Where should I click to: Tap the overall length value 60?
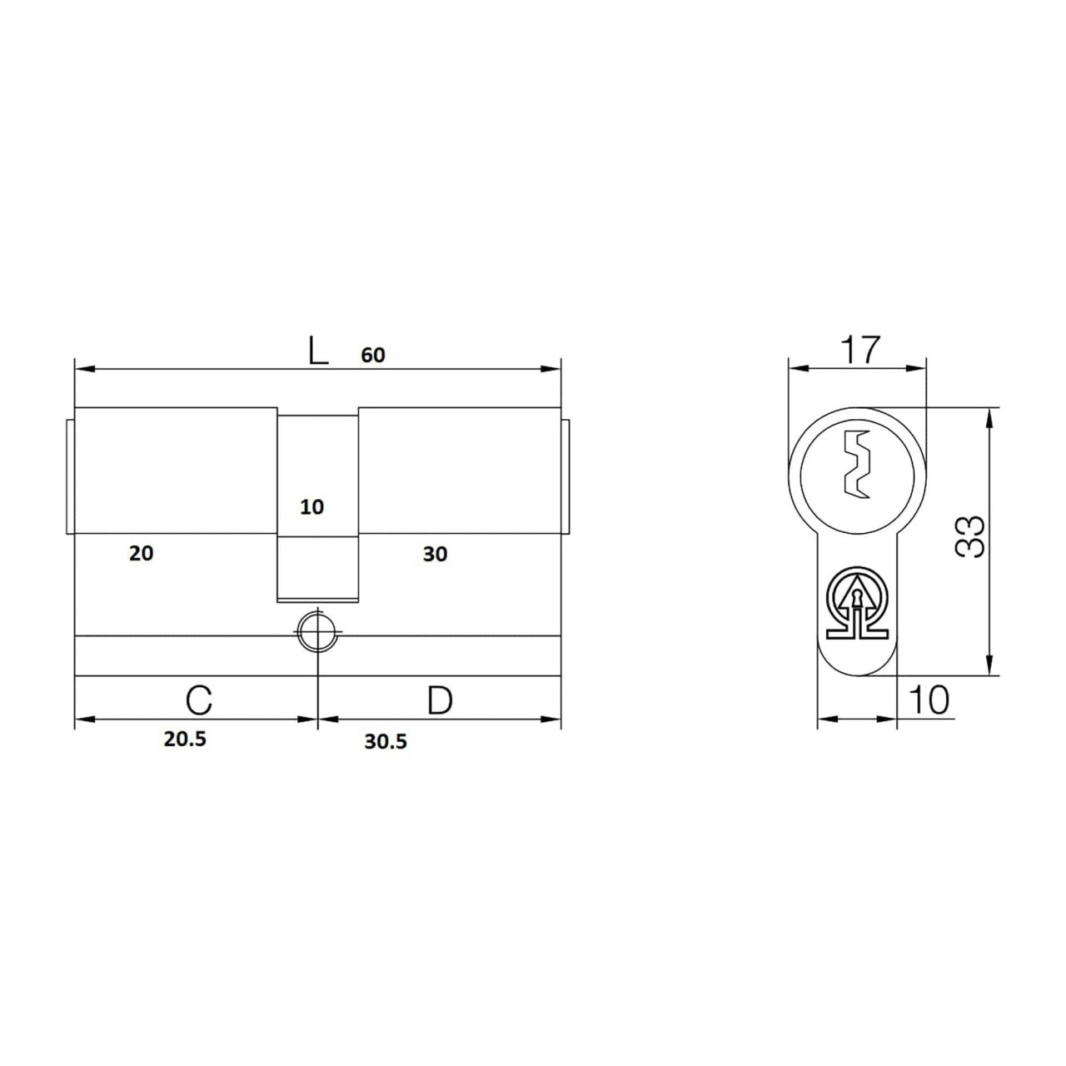point(373,355)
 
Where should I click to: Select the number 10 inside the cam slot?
point(312,507)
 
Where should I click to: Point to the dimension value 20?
point(141,553)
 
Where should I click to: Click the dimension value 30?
point(435,555)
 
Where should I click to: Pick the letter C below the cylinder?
point(199,700)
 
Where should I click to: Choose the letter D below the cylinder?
point(441,700)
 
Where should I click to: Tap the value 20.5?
point(185,739)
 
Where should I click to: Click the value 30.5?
point(386,742)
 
